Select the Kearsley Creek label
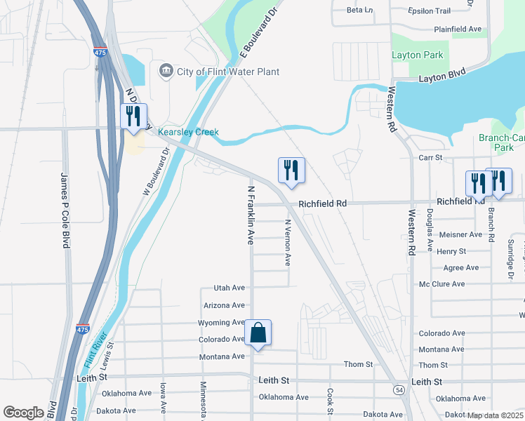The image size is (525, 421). click(x=188, y=132)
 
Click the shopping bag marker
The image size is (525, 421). click(x=258, y=333)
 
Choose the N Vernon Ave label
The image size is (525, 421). click(x=287, y=242)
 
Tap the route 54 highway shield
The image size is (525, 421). click(x=399, y=388)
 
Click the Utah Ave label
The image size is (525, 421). click(x=229, y=288)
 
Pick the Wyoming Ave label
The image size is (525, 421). click(x=220, y=322)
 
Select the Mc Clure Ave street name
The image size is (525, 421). click(x=442, y=284)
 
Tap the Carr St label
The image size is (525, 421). click(x=430, y=158)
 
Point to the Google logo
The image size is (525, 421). click(x=23, y=413)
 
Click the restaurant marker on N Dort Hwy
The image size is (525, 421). click(x=133, y=116)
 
